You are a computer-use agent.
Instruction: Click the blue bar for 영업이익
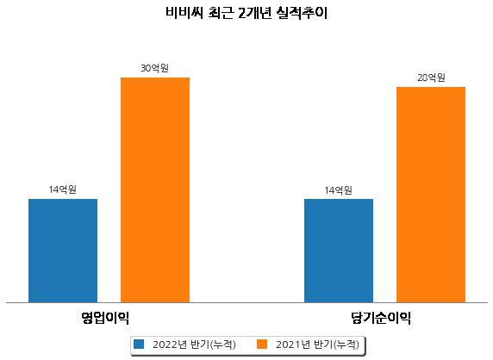pyautogui.click(x=63, y=251)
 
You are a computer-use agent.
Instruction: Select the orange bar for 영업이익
pyautogui.click(x=155, y=190)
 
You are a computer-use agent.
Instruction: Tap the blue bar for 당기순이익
pyautogui.click(x=339, y=251)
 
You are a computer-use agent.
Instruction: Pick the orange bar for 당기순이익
pyautogui.click(x=431, y=195)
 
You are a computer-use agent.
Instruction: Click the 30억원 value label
pyautogui.click(x=154, y=68)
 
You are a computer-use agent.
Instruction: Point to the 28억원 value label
pyautogui.click(x=431, y=78)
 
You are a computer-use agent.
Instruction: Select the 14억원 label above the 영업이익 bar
pyautogui.click(x=63, y=189)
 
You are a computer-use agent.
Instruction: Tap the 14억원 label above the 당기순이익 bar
pyautogui.click(x=339, y=190)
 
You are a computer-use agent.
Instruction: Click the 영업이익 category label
pyautogui.click(x=105, y=318)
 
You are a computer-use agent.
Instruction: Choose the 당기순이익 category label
pyautogui.click(x=381, y=318)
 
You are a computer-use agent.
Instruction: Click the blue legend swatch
pyautogui.click(x=139, y=344)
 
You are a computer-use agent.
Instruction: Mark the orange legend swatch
pyautogui.click(x=262, y=344)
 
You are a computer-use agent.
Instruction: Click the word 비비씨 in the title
pyautogui.click(x=184, y=13)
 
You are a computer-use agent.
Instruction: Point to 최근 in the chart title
pyautogui.click(x=221, y=13)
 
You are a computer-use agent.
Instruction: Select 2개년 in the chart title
pyautogui.click(x=254, y=13)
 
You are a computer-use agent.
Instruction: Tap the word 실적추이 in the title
pyautogui.click(x=302, y=13)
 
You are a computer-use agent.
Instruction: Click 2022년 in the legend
pyautogui.click(x=170, y=344)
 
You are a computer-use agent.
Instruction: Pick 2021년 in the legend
pyautogui.click(x=293, y=344)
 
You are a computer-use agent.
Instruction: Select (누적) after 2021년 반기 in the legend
pyautogui.click(x=346, y=344)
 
